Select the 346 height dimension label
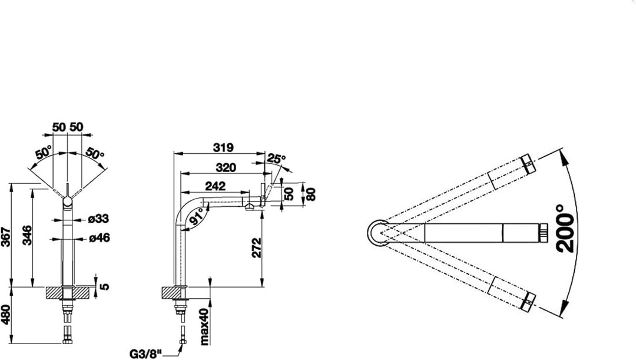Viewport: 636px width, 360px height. pos(26,235)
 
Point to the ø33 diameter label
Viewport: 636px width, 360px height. pos(98,219)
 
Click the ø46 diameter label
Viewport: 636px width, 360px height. pos(100,237)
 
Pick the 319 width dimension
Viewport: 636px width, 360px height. pos(224,147)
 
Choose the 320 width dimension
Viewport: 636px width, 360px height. pos(226,167)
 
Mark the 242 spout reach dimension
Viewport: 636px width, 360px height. pos(216,186)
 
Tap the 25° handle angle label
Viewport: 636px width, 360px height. pos(277,158)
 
